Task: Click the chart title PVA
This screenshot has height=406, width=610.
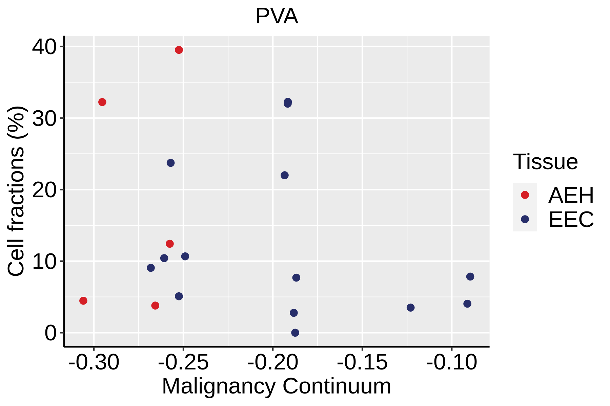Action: tap(277, 16)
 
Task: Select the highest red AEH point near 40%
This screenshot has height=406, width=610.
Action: tap(179, 50)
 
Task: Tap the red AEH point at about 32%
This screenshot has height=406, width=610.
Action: tap(102, 102)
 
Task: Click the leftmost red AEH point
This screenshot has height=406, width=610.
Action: tap(83, 301)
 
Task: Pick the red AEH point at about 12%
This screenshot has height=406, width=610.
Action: tap(170, 244)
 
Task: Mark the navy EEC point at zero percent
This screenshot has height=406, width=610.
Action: tap(295, 333)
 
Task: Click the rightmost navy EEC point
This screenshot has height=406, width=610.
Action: tap(470, 277)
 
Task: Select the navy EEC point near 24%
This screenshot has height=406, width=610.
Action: tap(171, 163)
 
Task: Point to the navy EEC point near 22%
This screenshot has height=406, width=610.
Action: tap(285, 175)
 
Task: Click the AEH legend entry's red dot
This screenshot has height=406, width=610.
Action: tap(525, 195)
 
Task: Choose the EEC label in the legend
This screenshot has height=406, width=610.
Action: tap(571, 220)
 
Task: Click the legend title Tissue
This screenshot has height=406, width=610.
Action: tap(545, 162)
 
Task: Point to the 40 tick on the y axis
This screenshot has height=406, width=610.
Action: tap(44, 47)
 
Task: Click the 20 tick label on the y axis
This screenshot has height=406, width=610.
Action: tap(44, 190)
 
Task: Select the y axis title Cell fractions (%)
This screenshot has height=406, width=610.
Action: tap(16, 191)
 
